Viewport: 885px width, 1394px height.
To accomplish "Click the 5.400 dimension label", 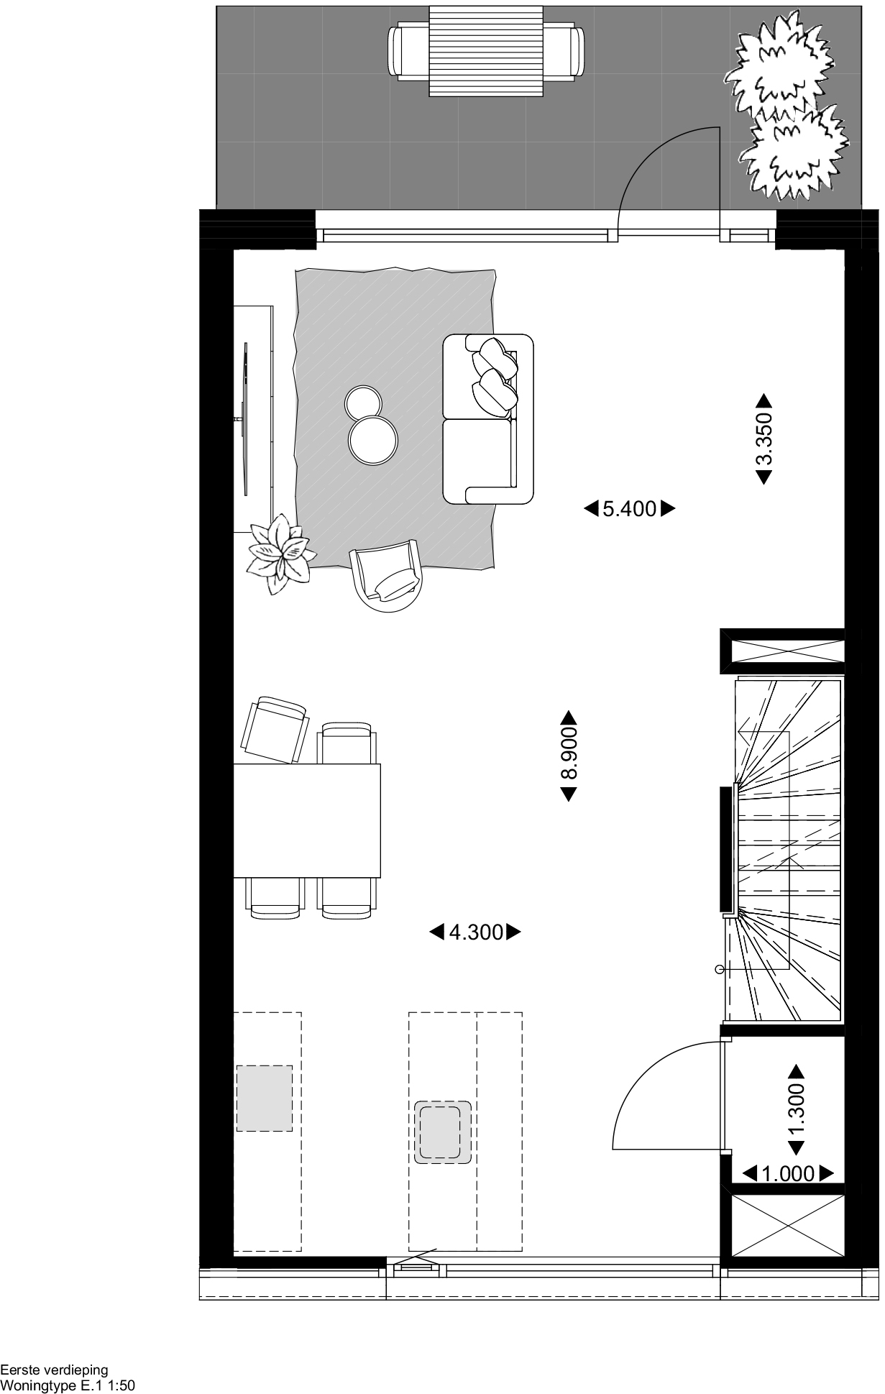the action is coord(629,509).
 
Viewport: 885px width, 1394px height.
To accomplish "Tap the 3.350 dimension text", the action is coord(764,438).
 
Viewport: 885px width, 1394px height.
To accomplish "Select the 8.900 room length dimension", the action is coord(569,756).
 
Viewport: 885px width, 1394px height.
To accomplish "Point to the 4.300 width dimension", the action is coord(475,932).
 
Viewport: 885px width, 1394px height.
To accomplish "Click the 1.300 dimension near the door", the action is coord(796,1109).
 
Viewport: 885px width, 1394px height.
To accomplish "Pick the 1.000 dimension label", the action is coord(787,1174).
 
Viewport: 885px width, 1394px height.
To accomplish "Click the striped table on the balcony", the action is coord(486,50).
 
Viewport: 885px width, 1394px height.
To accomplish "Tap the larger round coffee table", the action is coord(372,439).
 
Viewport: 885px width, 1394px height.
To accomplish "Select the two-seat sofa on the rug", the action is coord(488,418).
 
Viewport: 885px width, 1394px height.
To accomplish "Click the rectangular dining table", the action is coord(307,821).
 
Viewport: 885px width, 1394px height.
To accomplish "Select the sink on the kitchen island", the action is coord(443,1132).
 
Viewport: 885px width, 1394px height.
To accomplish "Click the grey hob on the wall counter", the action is coord(264,1098).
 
